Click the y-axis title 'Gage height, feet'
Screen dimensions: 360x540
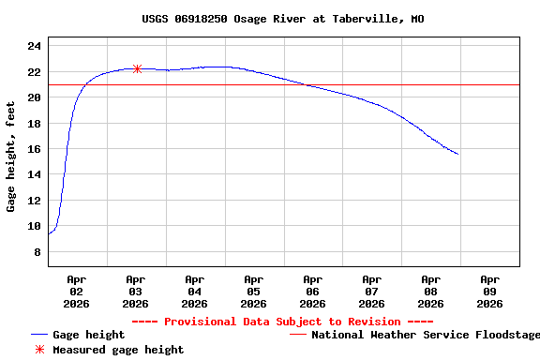[x=11, y=157]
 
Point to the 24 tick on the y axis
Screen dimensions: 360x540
[x=34, y=47]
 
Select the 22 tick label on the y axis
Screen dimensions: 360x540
[x=34, y=72]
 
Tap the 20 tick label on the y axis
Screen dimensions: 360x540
[x=34, y=97]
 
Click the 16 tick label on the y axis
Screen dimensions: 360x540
[x=34, y=149]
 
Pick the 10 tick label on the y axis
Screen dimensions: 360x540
[x=34, y=226]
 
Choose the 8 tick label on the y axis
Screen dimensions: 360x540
[x=37, y=252]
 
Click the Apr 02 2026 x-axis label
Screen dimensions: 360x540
[x=77, y=291]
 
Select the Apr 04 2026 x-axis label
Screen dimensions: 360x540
[x=194, y=291]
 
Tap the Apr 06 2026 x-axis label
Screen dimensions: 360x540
[x=312, y=291]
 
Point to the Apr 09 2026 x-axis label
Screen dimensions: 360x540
[x=489, y=291]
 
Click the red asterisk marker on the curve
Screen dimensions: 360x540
[x=137, y=68]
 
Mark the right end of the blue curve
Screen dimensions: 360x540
[x=457, y=154]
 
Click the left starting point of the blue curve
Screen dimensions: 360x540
[x=49, y=233]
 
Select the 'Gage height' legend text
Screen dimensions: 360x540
[x=88, y=335]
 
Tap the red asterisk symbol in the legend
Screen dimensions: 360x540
[x=38, y=350]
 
